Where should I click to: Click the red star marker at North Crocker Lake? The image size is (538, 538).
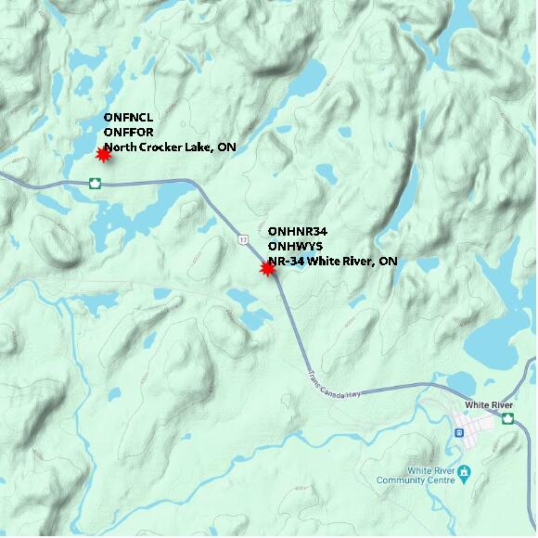click(104, 155)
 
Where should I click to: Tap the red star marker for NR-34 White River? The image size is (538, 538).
click(268, 269)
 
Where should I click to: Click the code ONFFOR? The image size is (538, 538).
click(128, 133)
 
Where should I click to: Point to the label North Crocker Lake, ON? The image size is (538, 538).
click(170, 147)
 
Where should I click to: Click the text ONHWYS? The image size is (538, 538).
click(295, 246)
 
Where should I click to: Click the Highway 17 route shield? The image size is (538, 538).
click(243, 240)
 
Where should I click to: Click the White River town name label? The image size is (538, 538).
click(489, 405)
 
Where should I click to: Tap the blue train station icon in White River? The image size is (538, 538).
click(460, 433)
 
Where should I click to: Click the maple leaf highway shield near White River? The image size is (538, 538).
click(508, 419)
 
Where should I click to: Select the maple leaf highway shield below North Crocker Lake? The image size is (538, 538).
click(95, 183)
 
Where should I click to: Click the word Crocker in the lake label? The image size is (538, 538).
click(162, 147)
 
